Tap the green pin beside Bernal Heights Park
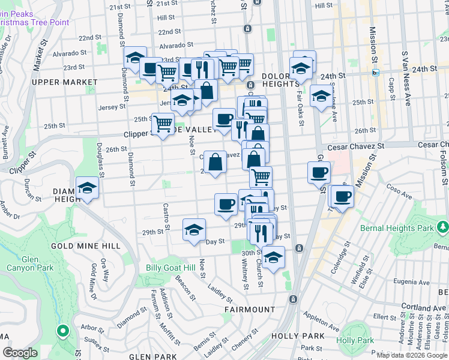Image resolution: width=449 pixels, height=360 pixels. (x=443, y=227)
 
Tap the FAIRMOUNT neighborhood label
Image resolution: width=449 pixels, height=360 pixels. (x=250, y=309)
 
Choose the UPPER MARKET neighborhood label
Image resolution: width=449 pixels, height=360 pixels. (x=65, y=82)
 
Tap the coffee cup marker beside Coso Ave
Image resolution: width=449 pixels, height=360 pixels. (x=343, y=196)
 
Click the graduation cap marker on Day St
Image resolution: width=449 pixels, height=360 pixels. (x=194, y=230)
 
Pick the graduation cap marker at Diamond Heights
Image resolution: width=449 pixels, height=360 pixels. (x=88, y=188)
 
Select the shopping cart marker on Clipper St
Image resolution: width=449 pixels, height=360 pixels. (x=163, y=124)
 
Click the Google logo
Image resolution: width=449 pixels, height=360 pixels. (x=19, y=353)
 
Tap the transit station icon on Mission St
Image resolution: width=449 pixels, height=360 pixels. (x=376, y=73)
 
